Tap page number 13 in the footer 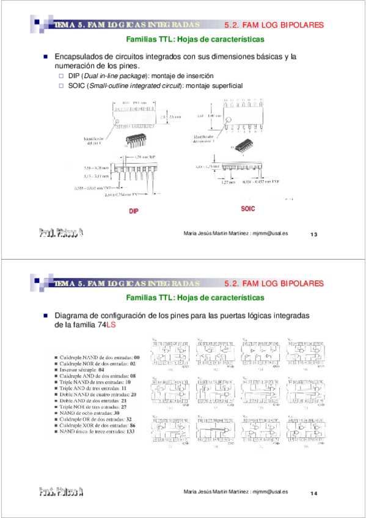coord(315,235)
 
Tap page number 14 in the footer coord(315,494)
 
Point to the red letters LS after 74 coord(111,326)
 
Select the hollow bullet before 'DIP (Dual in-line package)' coord(61,76)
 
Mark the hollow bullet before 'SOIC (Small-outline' coord(61,86)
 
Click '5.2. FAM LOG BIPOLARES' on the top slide coord(274,25)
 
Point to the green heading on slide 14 coord(195,298)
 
